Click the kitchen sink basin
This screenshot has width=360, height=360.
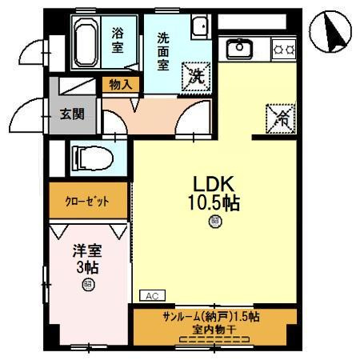tap(238, 50)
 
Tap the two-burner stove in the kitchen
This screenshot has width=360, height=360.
tap(283, 50)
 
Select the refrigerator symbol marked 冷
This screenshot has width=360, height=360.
tap(280, 117)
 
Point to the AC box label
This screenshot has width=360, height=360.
tap(151, 294)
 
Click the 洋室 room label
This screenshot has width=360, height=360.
tap(86, 250)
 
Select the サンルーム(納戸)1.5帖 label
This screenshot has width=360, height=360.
tap(210, 315)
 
